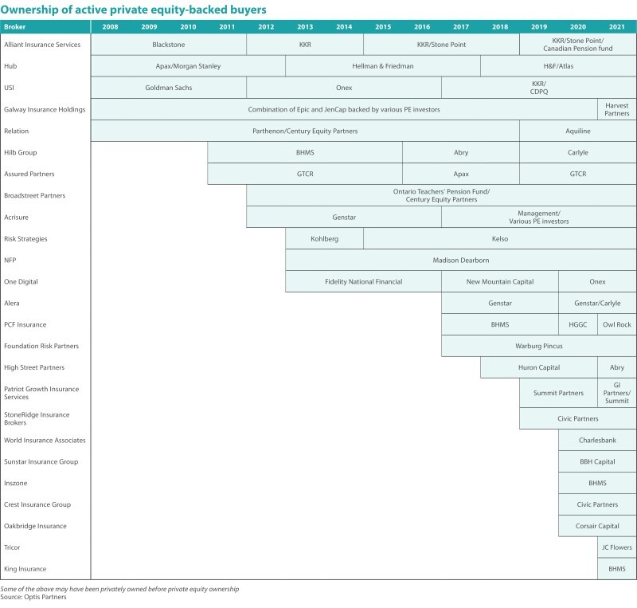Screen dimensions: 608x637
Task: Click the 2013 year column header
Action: click(x=305, y=26)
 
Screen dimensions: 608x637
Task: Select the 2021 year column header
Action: click(x=617, y=26)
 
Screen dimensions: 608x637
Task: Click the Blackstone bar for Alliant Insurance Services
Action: click(x=169, y=45)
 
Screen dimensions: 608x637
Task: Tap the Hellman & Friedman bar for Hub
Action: click(x=383, y=66)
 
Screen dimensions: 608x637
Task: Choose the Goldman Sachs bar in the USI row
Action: click(x=169, y=88)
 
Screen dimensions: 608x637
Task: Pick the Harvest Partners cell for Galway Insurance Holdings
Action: click(x=617, y=109)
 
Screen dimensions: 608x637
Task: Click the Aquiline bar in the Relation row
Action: click(x=578, y=131)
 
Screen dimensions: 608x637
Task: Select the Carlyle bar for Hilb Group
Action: click(x=578, y=152)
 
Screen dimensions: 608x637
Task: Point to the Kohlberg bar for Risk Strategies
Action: click(x=324, y=238)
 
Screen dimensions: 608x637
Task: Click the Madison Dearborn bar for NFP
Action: click(x=461, y=260)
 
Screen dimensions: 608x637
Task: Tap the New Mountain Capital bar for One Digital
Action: click(x=500, y=281)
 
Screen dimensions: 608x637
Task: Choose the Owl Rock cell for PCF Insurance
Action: click(x=617, y=324)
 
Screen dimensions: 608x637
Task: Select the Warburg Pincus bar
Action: click(x=539, y=346)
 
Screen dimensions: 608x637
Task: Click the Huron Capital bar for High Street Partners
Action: click(x=539, y=367)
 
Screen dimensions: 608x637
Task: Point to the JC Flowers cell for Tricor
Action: click(x=617, y=547)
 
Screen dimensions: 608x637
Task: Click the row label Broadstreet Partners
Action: click(x=34, y=195)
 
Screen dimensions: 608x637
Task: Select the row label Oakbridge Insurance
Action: click(x=35, y=526)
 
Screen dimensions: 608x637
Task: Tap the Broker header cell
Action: click(x=16, y=26)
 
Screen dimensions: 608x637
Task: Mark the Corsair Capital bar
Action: click(x=597, y=526)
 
